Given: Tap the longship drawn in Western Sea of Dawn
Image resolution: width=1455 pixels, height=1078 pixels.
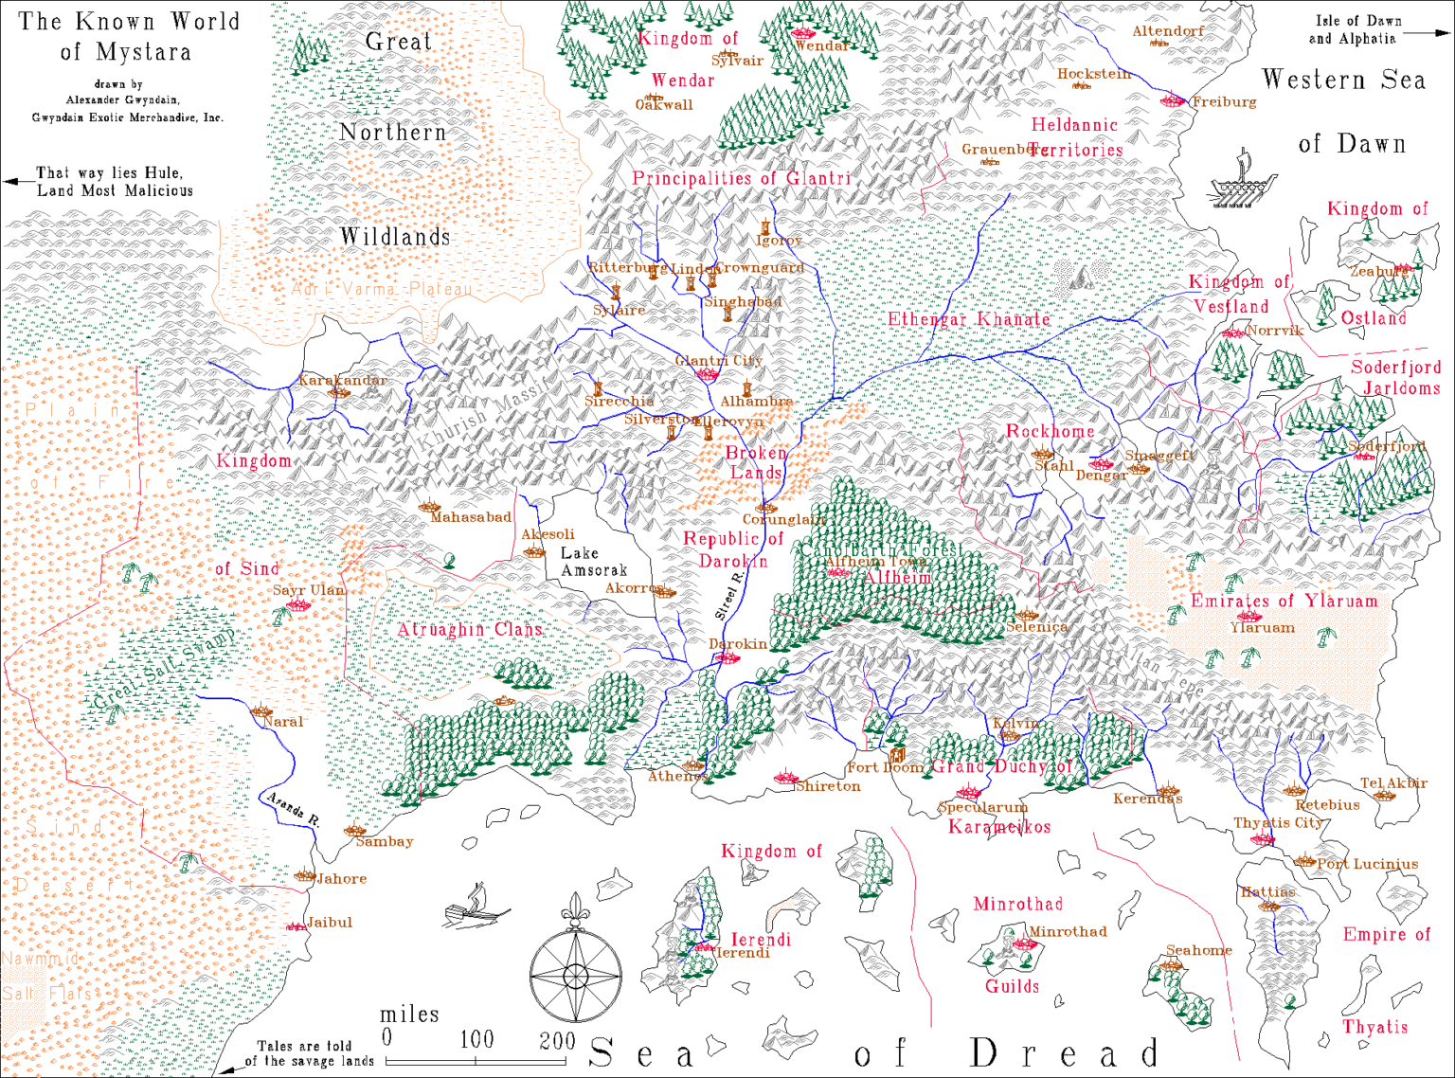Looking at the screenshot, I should pyautogui.click(x=1241, y=182).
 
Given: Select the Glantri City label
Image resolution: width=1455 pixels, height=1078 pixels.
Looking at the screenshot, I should pyautogui.click(x=719, y=360).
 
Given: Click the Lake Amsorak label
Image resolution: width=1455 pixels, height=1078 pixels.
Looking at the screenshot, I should pyautogui.click(x=593, y=561).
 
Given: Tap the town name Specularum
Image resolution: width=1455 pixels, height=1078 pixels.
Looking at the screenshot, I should pyautogui.click(x=982, y=807).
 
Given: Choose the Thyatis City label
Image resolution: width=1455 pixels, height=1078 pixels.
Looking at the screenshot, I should pyautogui.click(x=1278, y=822).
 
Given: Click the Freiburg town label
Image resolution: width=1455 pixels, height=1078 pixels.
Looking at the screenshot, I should pyautogui.click(x=1224, y=101).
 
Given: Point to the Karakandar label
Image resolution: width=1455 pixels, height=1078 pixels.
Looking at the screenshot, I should pyautogui.click(x=342, y=380).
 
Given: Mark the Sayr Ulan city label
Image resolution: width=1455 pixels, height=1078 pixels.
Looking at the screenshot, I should pyautogui.click(x=309, y=589).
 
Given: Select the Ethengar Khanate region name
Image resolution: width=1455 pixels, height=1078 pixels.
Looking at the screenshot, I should pyautogui.click(x=968, y=319).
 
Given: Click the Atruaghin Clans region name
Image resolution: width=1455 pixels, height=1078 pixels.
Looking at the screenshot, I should pyautogui.click(x=469, y=629).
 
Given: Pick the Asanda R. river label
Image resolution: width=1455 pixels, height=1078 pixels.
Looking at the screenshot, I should pyautogui.click(x=292, y=811).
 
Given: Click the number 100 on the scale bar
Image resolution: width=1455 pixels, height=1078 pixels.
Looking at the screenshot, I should pyautogui.click(x=476, y=1039).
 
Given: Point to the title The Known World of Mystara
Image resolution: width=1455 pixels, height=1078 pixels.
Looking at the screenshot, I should pyautogui.click(x=129, y=36).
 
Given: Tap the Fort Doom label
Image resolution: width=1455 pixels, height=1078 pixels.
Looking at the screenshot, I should pyautogui.click(x=885, y=767).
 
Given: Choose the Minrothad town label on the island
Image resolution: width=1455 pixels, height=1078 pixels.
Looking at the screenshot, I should pyautogui.click(x=1068, y=931).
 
